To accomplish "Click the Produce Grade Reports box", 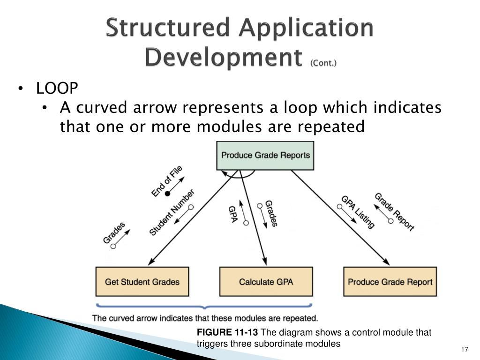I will tap(265, 156).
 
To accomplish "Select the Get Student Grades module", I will tap(142, 282).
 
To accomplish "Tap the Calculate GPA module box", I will tap(266, 282).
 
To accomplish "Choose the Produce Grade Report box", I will tap(390, 282).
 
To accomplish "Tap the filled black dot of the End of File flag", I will tap(167, 193).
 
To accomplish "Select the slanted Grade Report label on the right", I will tap(394, 212).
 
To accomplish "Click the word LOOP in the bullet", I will tap(57, 88).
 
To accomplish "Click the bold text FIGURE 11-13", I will tap(227, 333).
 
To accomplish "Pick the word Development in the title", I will tap(223, 57).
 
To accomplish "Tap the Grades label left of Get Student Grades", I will tap(114, 232).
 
